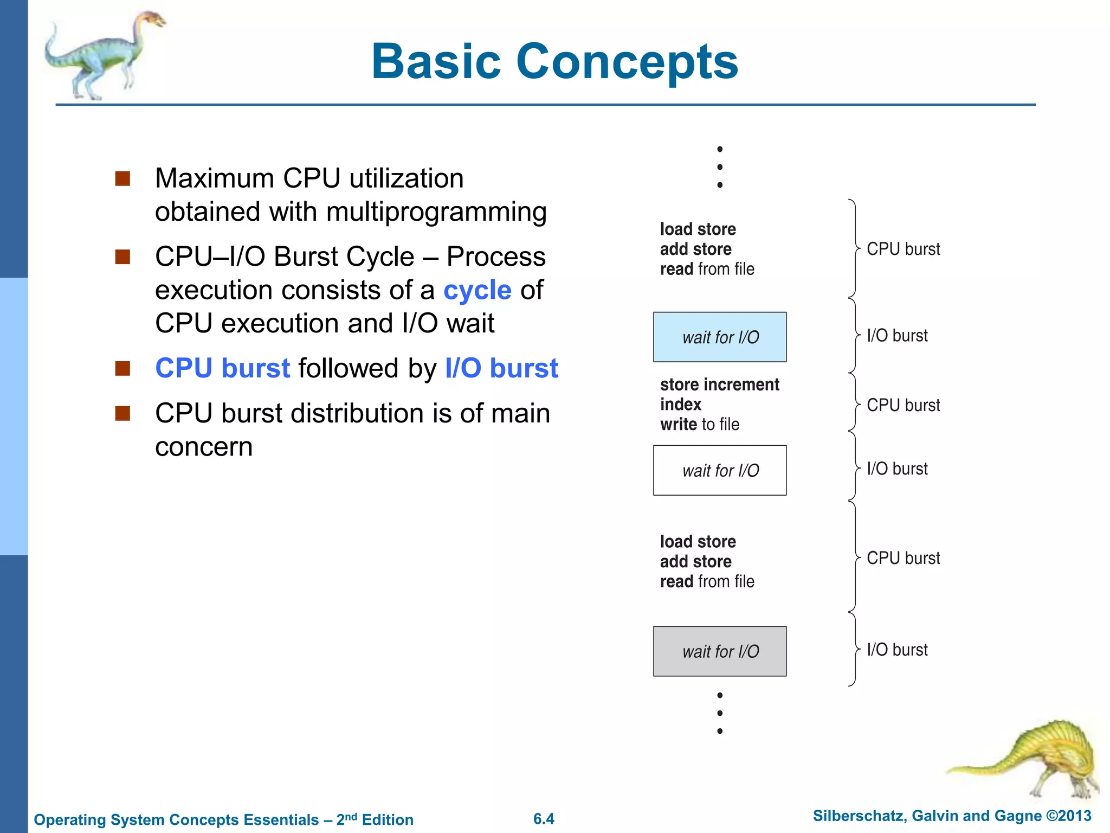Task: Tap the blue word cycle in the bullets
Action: point(477,290)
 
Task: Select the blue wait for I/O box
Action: point(720,337)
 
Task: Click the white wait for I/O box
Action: point(720,470)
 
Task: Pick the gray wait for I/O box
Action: point(720,651)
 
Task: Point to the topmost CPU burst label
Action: point(903,249)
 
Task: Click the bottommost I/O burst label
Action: point(897,649)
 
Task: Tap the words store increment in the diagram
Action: point(719,385)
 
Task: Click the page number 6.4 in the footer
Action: point(544,819)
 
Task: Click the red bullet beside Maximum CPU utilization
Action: point(123,179)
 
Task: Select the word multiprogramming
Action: point(436,212)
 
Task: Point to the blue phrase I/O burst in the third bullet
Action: point(501,368)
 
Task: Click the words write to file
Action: point(699,424)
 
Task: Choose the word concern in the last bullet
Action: point(204,447)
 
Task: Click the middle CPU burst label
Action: point(903,405)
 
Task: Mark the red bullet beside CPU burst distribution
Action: point(123,414)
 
